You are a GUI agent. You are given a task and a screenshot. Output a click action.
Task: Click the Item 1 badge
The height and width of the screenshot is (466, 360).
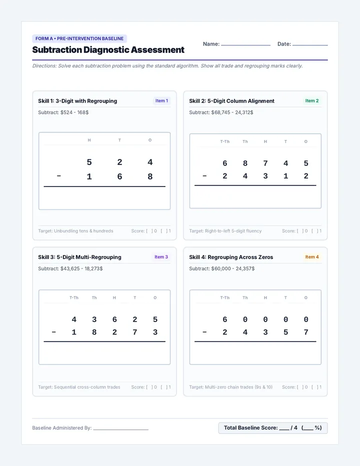[161, 100]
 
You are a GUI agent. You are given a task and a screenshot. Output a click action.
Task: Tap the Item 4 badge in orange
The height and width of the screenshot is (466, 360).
[312, 257]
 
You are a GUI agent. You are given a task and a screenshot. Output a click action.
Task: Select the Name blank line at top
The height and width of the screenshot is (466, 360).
[245, 45]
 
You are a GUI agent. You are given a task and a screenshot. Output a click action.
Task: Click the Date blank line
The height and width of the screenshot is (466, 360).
[310, 45]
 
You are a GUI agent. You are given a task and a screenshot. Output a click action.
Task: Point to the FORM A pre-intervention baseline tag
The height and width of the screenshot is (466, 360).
[79, 38]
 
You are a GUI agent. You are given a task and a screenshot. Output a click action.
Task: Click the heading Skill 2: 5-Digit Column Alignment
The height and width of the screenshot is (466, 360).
[231, 101]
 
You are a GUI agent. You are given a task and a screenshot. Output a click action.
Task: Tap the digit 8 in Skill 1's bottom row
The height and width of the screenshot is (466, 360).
[150, 176]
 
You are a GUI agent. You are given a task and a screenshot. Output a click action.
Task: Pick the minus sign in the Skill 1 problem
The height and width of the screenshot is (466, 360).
[59, 176]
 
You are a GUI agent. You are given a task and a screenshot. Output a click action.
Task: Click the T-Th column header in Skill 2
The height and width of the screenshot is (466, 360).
[224, 141]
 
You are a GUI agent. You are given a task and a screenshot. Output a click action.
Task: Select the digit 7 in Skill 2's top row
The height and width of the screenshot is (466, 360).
[265, 163]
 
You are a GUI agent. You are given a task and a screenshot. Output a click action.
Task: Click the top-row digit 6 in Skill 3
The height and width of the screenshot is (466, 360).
[114, 319]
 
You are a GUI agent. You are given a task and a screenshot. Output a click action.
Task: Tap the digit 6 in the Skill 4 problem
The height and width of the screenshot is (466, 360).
[224, 319]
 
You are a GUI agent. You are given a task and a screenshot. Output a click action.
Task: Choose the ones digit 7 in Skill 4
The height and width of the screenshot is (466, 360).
[306, 332]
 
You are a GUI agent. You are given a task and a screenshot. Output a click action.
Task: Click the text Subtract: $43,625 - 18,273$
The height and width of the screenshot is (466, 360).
[70, 268]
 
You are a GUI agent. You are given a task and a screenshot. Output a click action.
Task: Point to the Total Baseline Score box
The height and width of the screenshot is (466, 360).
[273, 428]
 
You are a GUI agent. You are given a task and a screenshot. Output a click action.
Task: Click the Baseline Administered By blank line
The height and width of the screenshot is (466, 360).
[120, 429]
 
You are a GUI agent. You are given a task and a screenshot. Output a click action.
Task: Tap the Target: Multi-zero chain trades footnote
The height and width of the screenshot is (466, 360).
[230, 387]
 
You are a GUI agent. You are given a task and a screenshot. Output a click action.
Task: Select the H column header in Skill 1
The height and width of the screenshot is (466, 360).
[89, 140]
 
